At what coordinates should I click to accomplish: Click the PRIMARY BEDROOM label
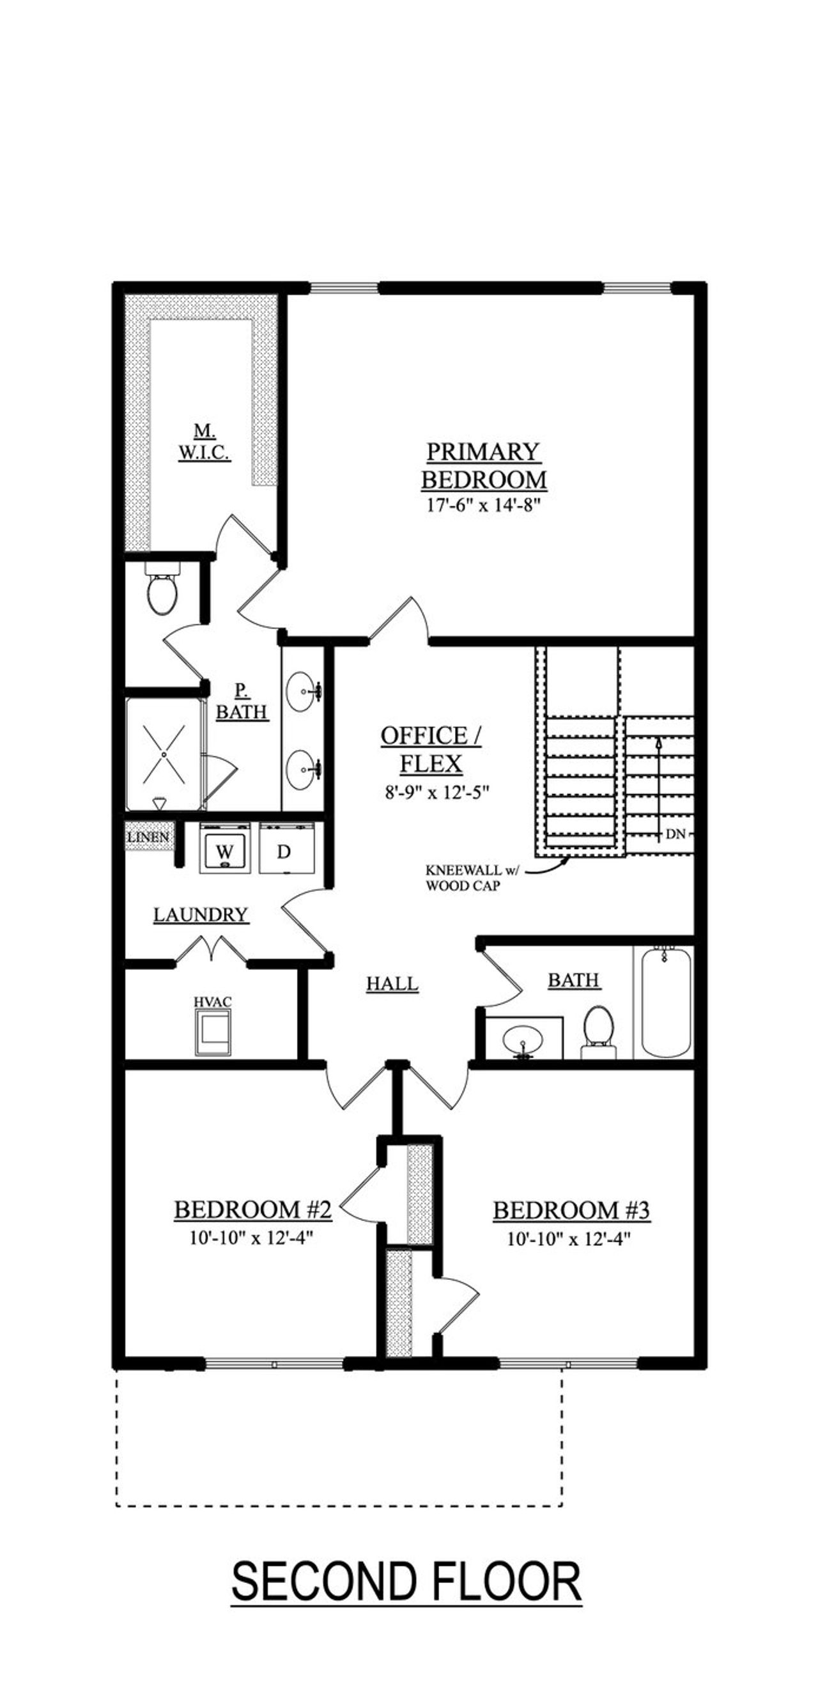tap(483, 465)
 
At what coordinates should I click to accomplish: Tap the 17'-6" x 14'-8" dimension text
tap(483, 506)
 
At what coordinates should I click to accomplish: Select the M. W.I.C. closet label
tap(204, 442)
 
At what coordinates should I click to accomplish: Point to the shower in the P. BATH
tap(164, 753)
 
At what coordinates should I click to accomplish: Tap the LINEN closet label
tap(148, 837)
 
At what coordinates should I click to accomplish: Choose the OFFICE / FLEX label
tap(431, 749)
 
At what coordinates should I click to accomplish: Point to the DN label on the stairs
tap(675, 834)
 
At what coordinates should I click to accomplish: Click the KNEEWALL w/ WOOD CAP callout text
tap(471, 878)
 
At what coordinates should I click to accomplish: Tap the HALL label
tap(392, 983)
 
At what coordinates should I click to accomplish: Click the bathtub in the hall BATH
tap(665, 1002)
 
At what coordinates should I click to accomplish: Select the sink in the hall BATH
tap(523, 1040)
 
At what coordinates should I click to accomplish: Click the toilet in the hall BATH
tap(599, 1031)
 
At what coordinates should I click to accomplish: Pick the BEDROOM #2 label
tap(252, 1210)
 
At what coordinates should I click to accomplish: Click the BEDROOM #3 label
tap(571, 1210)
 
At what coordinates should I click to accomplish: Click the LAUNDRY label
tap(201, 914)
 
